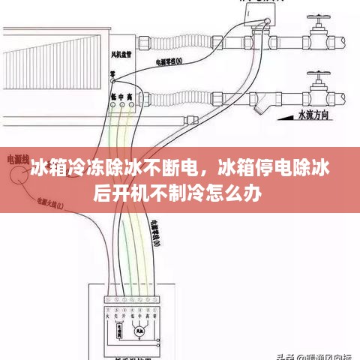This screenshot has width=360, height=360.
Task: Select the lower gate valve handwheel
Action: click(x=318, y=76)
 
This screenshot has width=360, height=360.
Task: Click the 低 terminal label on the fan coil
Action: click(x=114, y=97)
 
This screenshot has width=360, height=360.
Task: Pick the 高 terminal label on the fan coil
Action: click(x=131, y=97)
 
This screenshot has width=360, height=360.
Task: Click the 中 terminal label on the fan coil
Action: click(x=122, y=97)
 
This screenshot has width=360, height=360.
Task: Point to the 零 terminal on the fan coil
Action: click(x=112, y=75)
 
